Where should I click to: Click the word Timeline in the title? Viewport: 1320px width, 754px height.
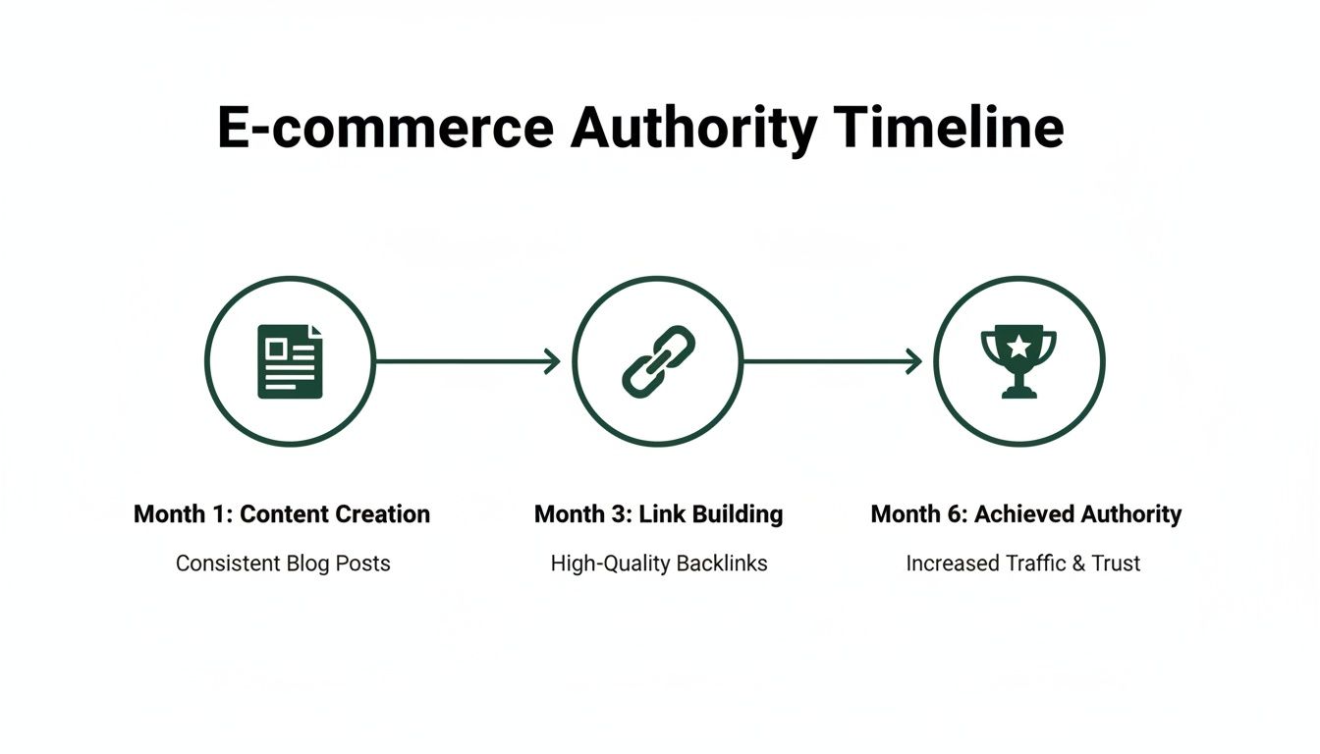coord(949,128)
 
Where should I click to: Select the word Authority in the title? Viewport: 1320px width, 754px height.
coord(693,128)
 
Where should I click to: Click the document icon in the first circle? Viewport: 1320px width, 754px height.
coord(290,361)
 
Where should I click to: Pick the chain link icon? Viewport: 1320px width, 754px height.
coord(658,361)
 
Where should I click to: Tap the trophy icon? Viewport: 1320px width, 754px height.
coord(1018,361)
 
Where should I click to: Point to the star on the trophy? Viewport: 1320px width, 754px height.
coord(1019,345)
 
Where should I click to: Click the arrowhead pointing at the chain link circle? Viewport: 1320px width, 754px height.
coord(552,361)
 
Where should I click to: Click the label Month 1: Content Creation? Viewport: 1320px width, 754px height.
coord(282,513)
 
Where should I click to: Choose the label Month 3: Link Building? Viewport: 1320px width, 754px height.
coord(658,513)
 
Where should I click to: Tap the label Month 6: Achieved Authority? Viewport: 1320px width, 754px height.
coord(1025,513)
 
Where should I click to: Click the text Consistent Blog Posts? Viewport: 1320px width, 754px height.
coord(283,564)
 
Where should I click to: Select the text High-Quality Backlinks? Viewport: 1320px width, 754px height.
coord(658,564)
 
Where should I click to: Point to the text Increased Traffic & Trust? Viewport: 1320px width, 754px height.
coord(1022,564)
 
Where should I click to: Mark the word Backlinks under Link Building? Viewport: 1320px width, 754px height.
coord(720,564)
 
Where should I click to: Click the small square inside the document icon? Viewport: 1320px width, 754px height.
coord(277,348)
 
